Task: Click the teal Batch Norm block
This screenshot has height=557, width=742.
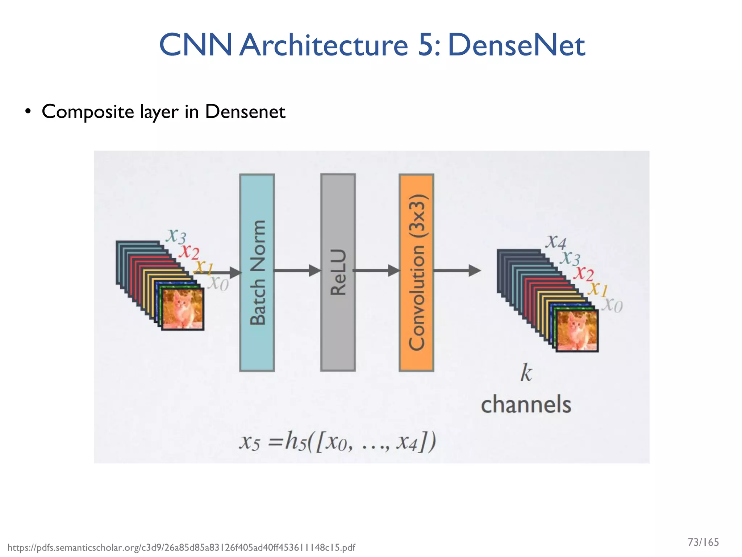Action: click(257, 273)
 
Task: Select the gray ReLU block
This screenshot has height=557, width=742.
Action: click(338, 273)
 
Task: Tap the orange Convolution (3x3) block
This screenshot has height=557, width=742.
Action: click(416, 273)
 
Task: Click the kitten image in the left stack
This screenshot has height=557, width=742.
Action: click(183, 309)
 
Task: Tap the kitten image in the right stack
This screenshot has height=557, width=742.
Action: click(577, 330)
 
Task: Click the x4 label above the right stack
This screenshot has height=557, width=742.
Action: click(556, 242)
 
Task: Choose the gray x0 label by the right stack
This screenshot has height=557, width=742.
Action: click(612, 305)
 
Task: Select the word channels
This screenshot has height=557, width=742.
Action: click(526, 405)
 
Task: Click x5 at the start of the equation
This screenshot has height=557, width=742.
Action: click(250, 442)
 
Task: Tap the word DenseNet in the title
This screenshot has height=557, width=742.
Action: click(516, 45)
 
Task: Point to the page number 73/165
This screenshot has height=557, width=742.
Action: click(703, 542)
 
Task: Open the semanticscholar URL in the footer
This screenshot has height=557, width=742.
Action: click(181, 548)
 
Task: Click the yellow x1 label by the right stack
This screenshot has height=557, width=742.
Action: click(597, 289)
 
